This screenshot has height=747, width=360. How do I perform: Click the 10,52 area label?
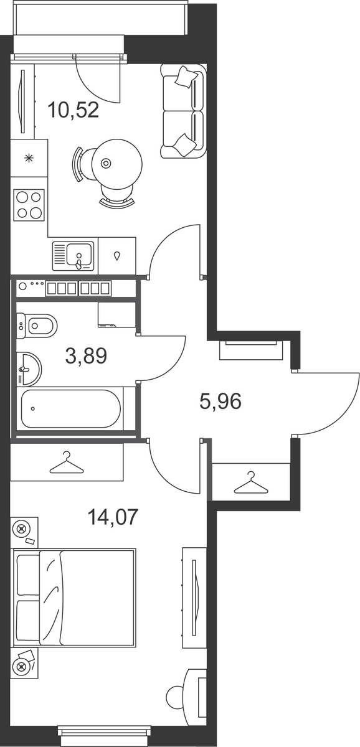73,110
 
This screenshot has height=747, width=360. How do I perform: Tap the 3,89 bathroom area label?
86,355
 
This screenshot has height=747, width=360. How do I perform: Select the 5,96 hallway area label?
220,401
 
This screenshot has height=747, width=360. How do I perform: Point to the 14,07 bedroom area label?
113,517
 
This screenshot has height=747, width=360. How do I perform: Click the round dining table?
116,163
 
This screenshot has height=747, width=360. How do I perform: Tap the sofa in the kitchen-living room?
183,111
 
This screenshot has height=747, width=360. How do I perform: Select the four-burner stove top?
29,205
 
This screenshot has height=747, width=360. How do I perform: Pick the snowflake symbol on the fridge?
29,158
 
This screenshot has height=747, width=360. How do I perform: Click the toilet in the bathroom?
36,326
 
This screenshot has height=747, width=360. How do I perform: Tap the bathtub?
71,408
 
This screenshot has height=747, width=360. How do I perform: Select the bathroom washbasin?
29,369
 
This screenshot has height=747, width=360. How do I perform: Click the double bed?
74,598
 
